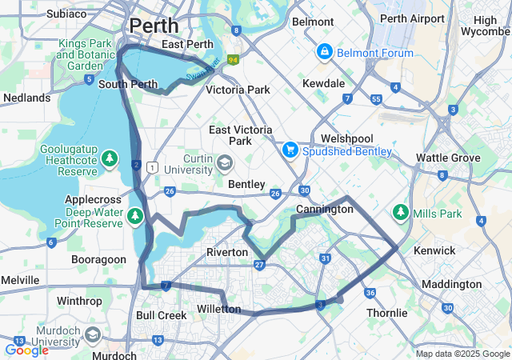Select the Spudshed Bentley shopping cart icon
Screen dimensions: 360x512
(290, 150)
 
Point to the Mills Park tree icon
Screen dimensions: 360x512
(400, 213)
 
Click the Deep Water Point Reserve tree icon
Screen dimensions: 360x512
(135, 215)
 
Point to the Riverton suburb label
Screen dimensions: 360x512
(227, 252)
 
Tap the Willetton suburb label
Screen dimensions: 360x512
(218, 309)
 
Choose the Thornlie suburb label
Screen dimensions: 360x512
(387, 313)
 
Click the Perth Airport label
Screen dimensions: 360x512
(412, 18)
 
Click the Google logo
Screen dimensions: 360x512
(26, 350)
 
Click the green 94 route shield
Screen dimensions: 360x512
(233, 59)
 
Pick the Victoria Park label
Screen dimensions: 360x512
(238, 90)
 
